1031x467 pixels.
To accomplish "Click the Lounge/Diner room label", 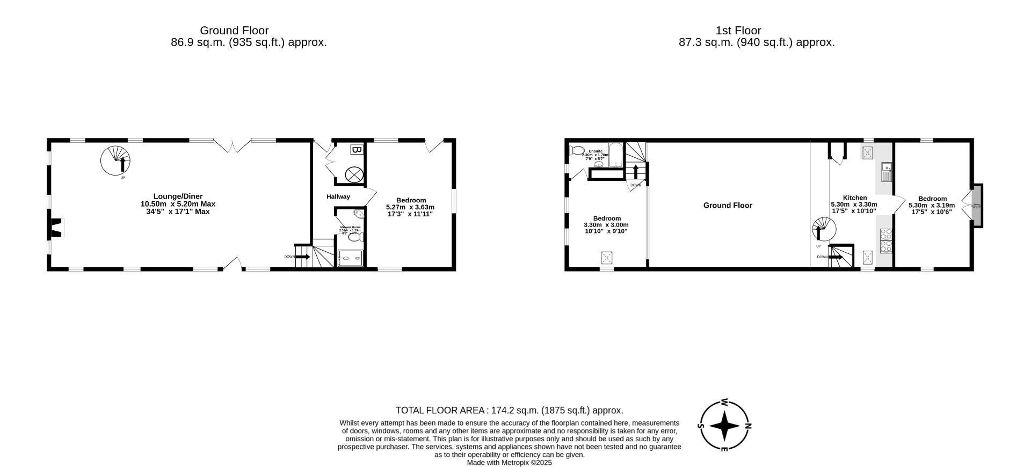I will point(178,204).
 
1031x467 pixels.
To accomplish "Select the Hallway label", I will point(338,197).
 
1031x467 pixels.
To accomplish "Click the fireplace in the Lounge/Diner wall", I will point(56,228).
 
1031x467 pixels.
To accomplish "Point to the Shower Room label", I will point(350,228).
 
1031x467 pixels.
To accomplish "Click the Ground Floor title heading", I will point(234,31).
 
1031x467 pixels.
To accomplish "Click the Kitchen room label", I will point(855,198).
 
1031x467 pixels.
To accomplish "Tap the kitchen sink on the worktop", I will point(886,172).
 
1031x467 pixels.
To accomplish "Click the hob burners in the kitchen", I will point(886,240).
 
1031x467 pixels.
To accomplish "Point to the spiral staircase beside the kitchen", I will point(824,230).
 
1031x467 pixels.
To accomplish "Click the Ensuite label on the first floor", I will point(596,151).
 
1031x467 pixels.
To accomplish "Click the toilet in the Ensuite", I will point(578,150).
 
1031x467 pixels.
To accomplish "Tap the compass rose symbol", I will point(725,426).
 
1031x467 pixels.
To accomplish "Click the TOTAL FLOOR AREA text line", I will point(509,411).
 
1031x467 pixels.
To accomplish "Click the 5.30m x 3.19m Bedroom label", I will point(932,205).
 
